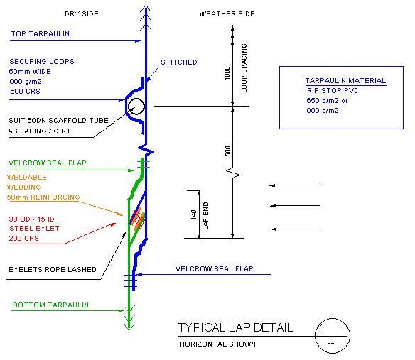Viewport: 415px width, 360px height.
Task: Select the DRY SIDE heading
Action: tap(82, 14)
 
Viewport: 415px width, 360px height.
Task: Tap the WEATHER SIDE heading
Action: tap(227, 14)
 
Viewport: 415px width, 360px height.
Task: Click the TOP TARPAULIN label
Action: tap(41, 34)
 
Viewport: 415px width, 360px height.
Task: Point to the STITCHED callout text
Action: tap(179, 62)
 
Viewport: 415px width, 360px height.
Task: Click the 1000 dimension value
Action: tap(227, 72)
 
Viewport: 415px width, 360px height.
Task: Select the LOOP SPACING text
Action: tap(244, 68)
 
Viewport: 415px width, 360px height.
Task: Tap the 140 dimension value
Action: tap(194, 214)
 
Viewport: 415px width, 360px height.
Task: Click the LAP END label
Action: tap(206, 216)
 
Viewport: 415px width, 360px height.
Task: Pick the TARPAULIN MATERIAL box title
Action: tap(345, 81)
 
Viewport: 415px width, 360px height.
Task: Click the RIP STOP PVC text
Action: tap(333, 91)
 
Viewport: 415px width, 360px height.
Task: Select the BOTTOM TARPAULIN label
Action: tap(51, 305)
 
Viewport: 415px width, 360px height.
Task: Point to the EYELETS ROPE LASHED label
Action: tap(53, 270)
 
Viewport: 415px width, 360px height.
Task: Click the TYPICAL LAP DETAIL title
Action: tap(235, 328)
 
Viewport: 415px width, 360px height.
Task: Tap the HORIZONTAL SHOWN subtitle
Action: tap(217, 344)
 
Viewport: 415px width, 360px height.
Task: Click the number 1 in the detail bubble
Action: tap(322, 327)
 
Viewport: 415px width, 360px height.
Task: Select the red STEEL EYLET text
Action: tap(34, 229)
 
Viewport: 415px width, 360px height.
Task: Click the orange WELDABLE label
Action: tap(27, 178)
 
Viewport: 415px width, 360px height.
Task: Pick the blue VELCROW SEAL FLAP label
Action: tap(215, 268)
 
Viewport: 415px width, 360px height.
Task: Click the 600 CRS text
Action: tap(25, 92)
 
